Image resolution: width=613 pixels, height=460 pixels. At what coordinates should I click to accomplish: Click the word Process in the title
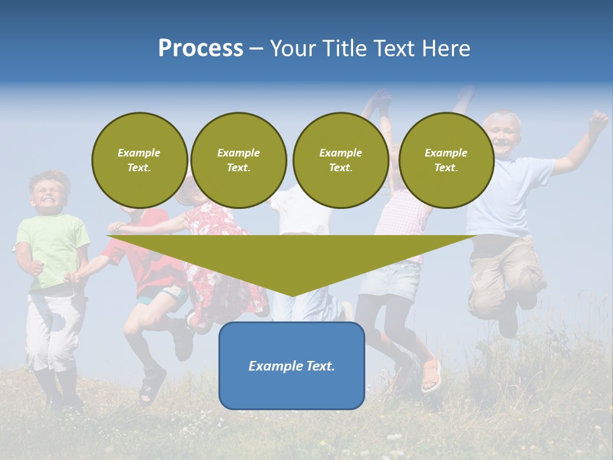point(201,49)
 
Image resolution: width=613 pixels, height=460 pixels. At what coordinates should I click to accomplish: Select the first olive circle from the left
point(139,160)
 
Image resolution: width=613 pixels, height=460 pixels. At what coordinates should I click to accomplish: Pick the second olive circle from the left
point(238,160)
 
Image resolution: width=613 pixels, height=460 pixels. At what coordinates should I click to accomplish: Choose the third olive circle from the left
point(340,160)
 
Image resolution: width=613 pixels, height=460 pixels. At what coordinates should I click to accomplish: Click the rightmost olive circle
point(446,160)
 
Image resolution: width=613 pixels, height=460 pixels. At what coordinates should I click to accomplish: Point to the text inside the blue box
point(291,366)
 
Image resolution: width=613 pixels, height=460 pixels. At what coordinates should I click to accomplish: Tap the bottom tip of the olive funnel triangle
point(292,295)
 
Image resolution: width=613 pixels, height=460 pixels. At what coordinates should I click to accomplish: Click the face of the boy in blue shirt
point(502,134)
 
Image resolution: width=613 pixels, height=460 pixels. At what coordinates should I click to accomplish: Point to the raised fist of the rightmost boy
point(598,119)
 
